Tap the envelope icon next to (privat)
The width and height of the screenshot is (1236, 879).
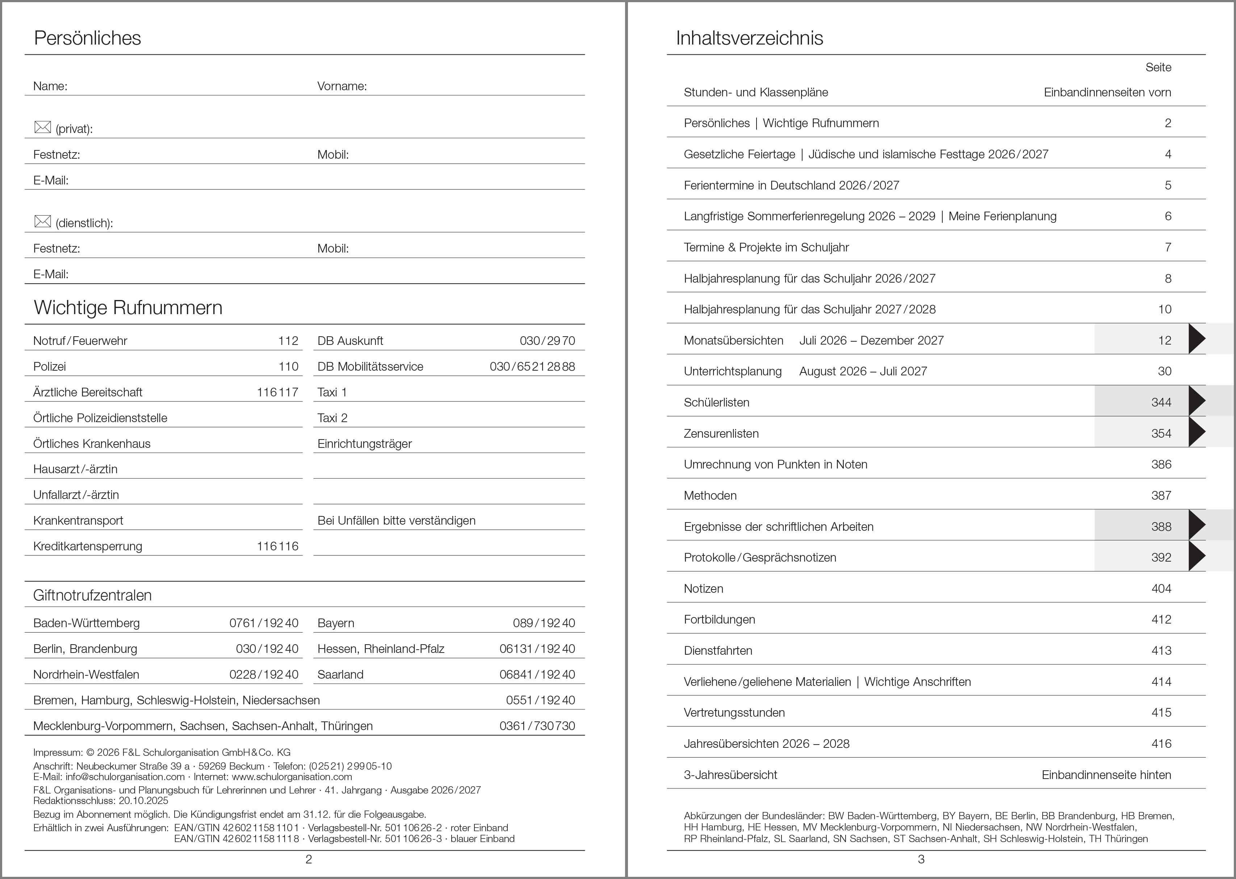pos(42,127)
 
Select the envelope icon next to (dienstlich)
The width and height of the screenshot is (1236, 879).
pos(42,221)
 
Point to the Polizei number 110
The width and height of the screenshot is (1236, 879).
pos(288,366)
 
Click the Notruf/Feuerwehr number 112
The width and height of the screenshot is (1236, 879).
pos(288,341)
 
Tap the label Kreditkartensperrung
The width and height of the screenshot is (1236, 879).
pos(88,546)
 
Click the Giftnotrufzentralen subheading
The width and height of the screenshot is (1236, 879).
pos(92,595)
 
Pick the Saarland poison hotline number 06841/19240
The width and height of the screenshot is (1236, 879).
pos(537,674)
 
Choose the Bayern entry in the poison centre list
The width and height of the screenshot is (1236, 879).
pos(336,623)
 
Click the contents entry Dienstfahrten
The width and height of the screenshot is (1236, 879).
pos(718,651)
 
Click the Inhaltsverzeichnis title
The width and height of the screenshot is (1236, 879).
pos(749,38)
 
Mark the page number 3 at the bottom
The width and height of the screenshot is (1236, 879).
pos(921,859)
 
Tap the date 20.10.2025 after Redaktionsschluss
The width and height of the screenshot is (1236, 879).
pos(143,800)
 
